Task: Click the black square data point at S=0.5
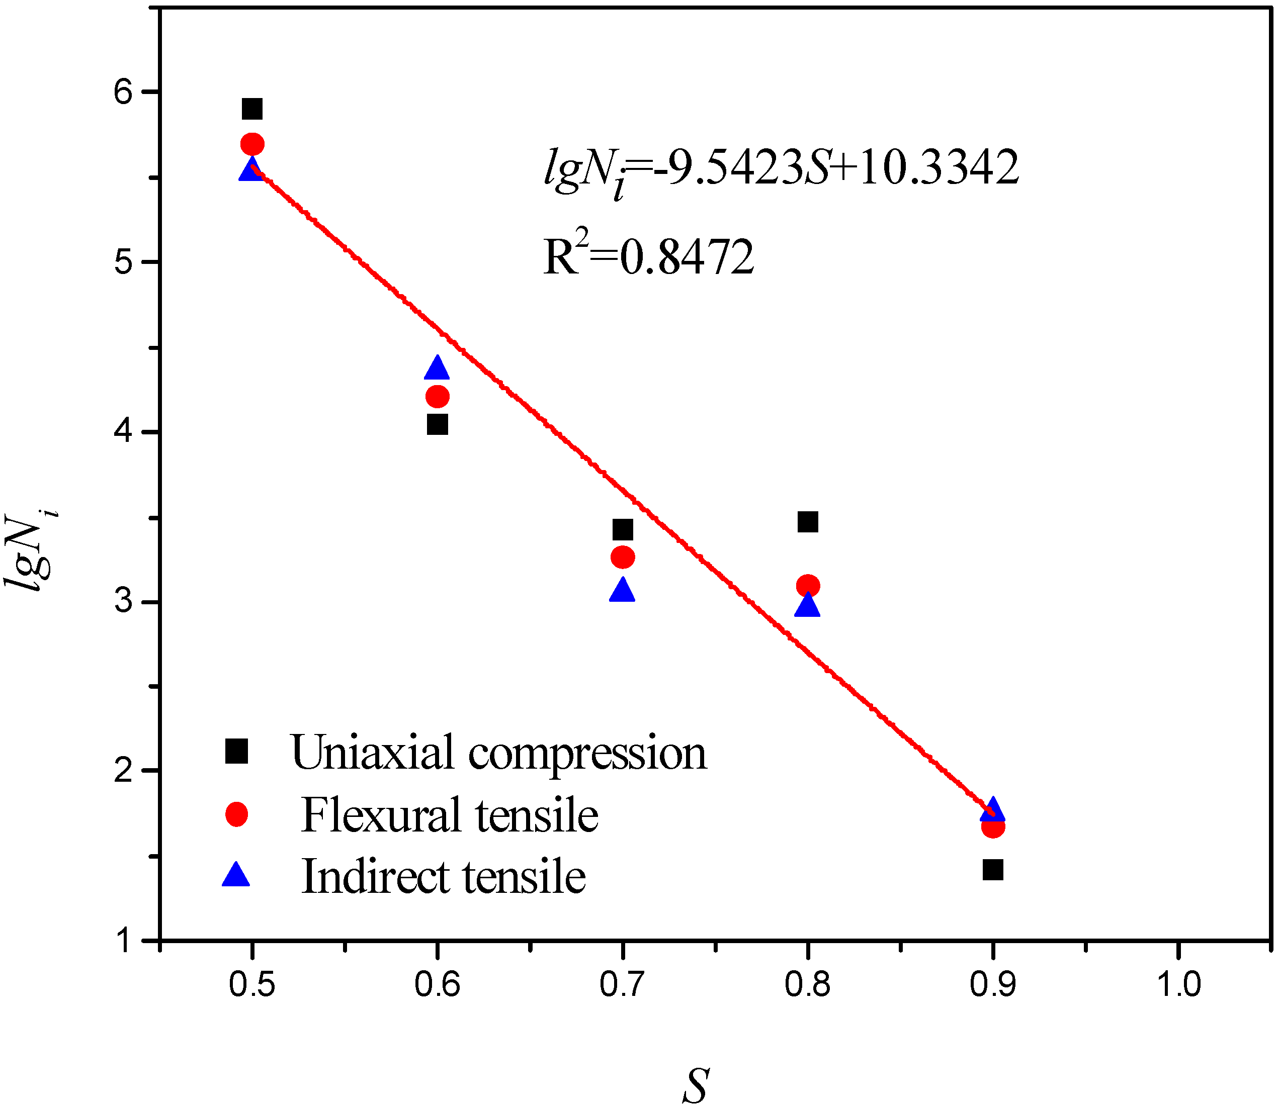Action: coord(252,109)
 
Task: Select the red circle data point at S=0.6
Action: coord(438,396)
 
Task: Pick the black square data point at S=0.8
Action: coord(808,522)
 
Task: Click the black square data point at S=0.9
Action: coord(992,870)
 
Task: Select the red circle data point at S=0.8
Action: coord(808,586)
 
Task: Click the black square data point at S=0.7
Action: coord(622,529)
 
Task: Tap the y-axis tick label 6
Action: coord(124,92)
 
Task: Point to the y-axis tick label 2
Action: coord(124,770)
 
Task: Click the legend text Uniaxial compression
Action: coord(498,753)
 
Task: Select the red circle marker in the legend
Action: coord(236,814)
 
